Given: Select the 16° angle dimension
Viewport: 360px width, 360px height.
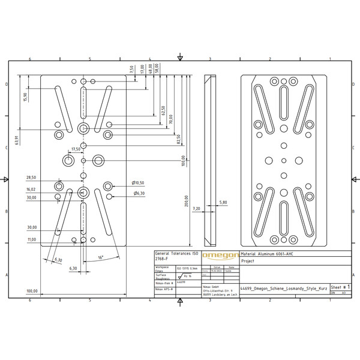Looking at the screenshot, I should [101, 257].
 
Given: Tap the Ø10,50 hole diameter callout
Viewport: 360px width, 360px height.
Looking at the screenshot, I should [138, 182].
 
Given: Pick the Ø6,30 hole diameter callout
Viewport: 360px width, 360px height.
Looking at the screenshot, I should [139, 193].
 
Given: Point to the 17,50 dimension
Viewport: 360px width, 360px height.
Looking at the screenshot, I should [76, 149].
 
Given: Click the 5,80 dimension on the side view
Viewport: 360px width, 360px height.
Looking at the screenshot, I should [223, 202].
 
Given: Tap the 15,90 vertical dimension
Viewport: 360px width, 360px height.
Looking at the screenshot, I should [25, 97].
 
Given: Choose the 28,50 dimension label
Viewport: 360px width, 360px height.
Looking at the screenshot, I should [31, 178].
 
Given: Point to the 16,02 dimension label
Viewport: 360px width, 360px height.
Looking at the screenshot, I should [31, 189].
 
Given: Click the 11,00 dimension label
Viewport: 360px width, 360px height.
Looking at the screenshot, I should [31, 239].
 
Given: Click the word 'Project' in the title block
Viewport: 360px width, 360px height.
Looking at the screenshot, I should [248, 261].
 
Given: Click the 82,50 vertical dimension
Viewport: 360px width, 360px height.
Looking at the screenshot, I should [178, 139].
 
